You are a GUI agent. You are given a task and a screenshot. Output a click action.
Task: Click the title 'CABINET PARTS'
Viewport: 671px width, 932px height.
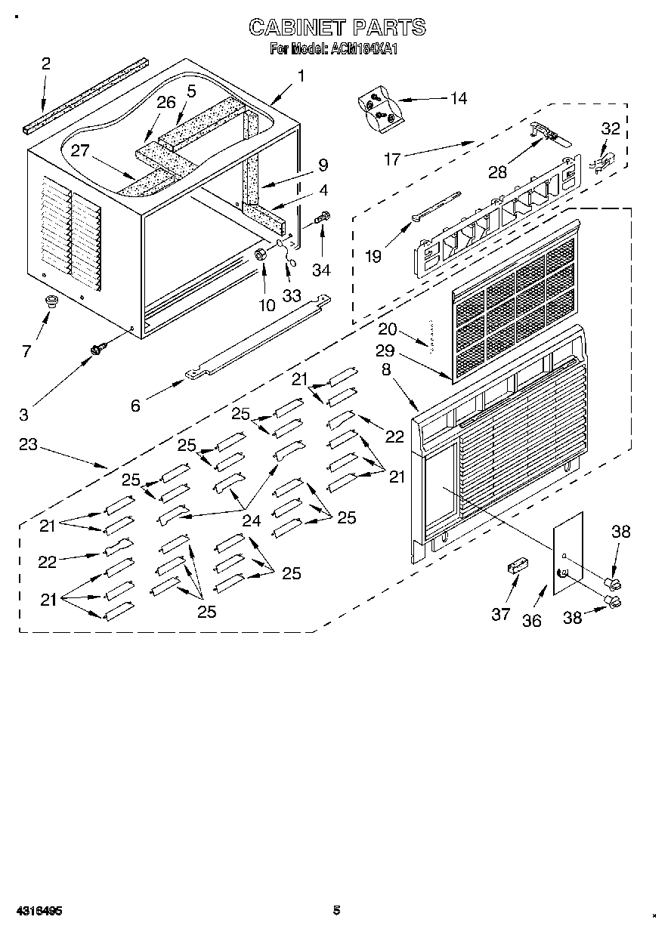pos(337,28)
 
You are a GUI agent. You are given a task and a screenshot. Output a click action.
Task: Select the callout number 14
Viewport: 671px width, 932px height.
pos(457,98)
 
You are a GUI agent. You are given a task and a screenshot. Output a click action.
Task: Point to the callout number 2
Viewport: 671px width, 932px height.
pos(45,63)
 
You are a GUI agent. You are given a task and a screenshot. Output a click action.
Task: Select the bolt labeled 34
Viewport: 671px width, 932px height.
pos(324,218)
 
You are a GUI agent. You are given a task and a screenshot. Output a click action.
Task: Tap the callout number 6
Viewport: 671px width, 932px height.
pos(135,406)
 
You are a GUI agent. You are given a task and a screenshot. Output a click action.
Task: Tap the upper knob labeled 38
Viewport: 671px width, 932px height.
pos(614,582)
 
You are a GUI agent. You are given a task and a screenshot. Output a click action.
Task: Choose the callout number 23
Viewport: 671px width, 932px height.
pos(28,445)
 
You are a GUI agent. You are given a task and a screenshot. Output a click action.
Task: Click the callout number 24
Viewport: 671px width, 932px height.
pos(251,520)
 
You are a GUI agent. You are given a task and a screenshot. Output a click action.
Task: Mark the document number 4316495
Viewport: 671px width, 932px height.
pos(37,911)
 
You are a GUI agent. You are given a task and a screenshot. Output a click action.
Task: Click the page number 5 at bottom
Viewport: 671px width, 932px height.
pos(337,910)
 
